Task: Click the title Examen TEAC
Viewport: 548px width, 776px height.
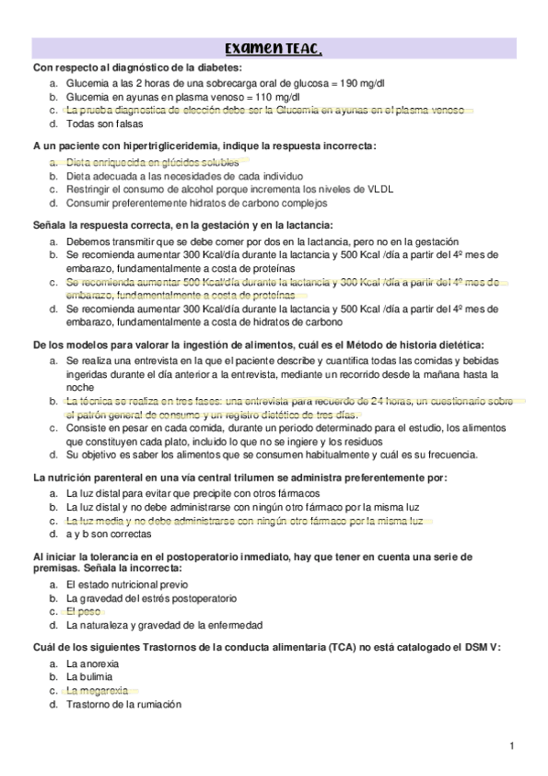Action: point(274,48)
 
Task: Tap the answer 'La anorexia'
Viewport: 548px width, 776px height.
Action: point(92,663)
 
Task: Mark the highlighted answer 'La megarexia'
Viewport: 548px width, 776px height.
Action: point(97,690)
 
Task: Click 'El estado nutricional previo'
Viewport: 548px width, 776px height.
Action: point(126,583)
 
